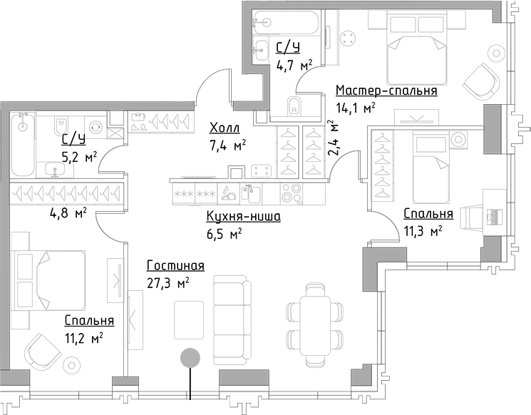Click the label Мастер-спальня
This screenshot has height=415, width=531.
pos(386,91)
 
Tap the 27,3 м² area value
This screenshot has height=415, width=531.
pos(168,283)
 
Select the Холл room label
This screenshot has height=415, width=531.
pos(225,128)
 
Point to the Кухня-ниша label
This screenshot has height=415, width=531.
pos(244,217)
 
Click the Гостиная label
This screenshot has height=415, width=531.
pos(176,265)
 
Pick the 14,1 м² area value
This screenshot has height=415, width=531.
pos(356,108)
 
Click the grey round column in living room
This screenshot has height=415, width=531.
pos(190,358)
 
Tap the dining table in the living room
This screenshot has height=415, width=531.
pos(316,326)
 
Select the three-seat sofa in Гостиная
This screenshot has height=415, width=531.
pos(232,317)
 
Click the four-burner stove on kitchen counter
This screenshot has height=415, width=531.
pos(292,193)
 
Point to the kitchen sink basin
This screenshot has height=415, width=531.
pos(251,193)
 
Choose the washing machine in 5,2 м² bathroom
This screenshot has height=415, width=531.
pos(96,127)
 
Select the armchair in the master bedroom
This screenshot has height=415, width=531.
pos(481,82)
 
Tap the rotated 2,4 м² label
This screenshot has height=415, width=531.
pos(334,138)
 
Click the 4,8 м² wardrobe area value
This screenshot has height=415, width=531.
pos(67,214)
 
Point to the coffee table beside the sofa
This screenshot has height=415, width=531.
pos(189,319)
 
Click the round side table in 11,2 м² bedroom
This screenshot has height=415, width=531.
pos(71,365)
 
